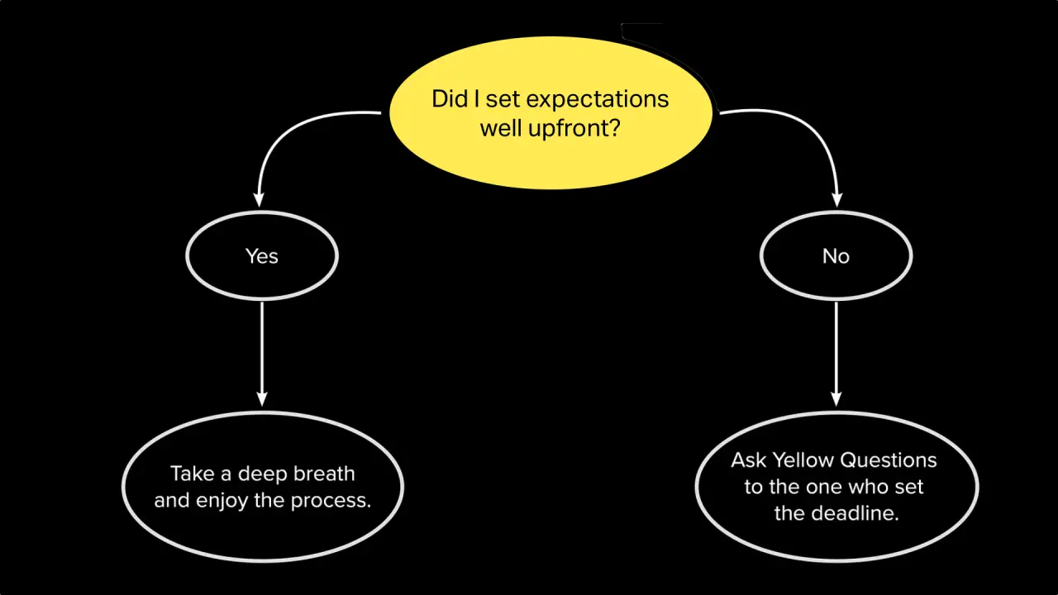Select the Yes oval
coord(262,256)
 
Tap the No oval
coord(836,256)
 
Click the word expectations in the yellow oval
coord(598,99)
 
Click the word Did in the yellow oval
coord(448,99)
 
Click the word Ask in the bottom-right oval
coord(749,459)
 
